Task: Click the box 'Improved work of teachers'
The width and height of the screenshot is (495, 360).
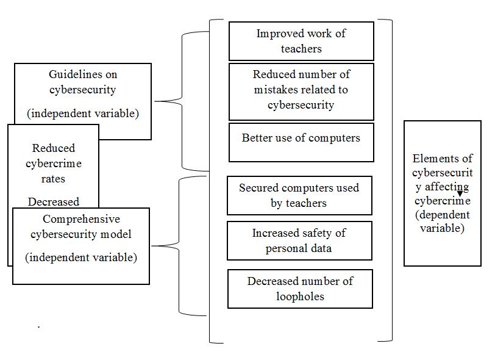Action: [301, 41]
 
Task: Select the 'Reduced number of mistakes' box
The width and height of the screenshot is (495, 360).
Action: [301, 90]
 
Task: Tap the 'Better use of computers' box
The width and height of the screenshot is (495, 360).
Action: [301, 142]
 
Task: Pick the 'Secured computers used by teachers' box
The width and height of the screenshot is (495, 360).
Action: [299, 195]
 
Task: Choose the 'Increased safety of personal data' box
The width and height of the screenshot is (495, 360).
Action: [299, 240]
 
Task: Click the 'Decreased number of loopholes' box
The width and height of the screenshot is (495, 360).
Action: [299, 289]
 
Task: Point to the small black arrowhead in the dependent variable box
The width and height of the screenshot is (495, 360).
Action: [460, 194]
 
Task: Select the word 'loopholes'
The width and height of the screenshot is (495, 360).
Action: [299, 297]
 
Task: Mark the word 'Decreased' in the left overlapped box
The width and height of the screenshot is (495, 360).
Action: [53, 201]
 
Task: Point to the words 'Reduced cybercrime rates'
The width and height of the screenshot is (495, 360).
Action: [54, 164]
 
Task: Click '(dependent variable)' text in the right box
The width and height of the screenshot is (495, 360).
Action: [442, 222]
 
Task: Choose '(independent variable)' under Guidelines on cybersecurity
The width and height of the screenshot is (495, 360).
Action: [83, 113]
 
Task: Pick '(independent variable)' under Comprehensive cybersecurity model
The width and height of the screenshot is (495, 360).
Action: [81, 257]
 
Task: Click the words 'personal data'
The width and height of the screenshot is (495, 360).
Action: [299, 248]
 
